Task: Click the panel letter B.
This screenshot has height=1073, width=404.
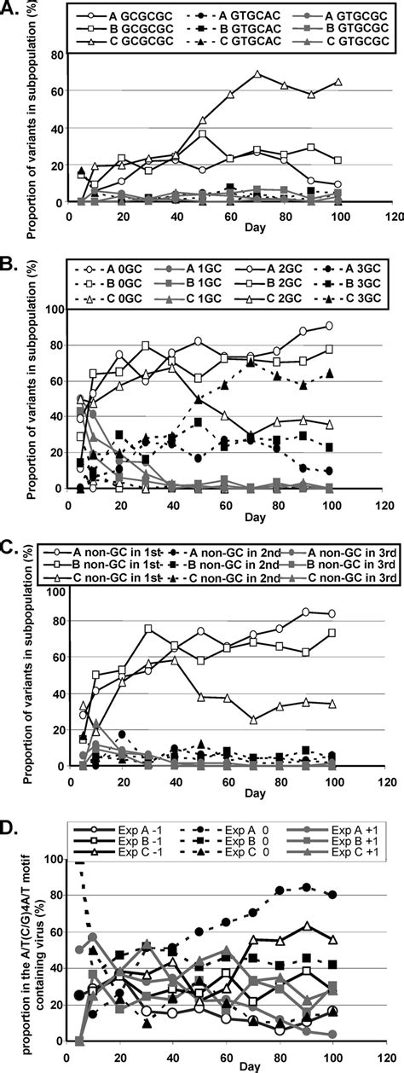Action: point(10,247)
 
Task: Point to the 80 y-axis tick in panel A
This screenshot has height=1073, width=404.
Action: point(58,55)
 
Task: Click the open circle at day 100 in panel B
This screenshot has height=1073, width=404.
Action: point(352,325)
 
